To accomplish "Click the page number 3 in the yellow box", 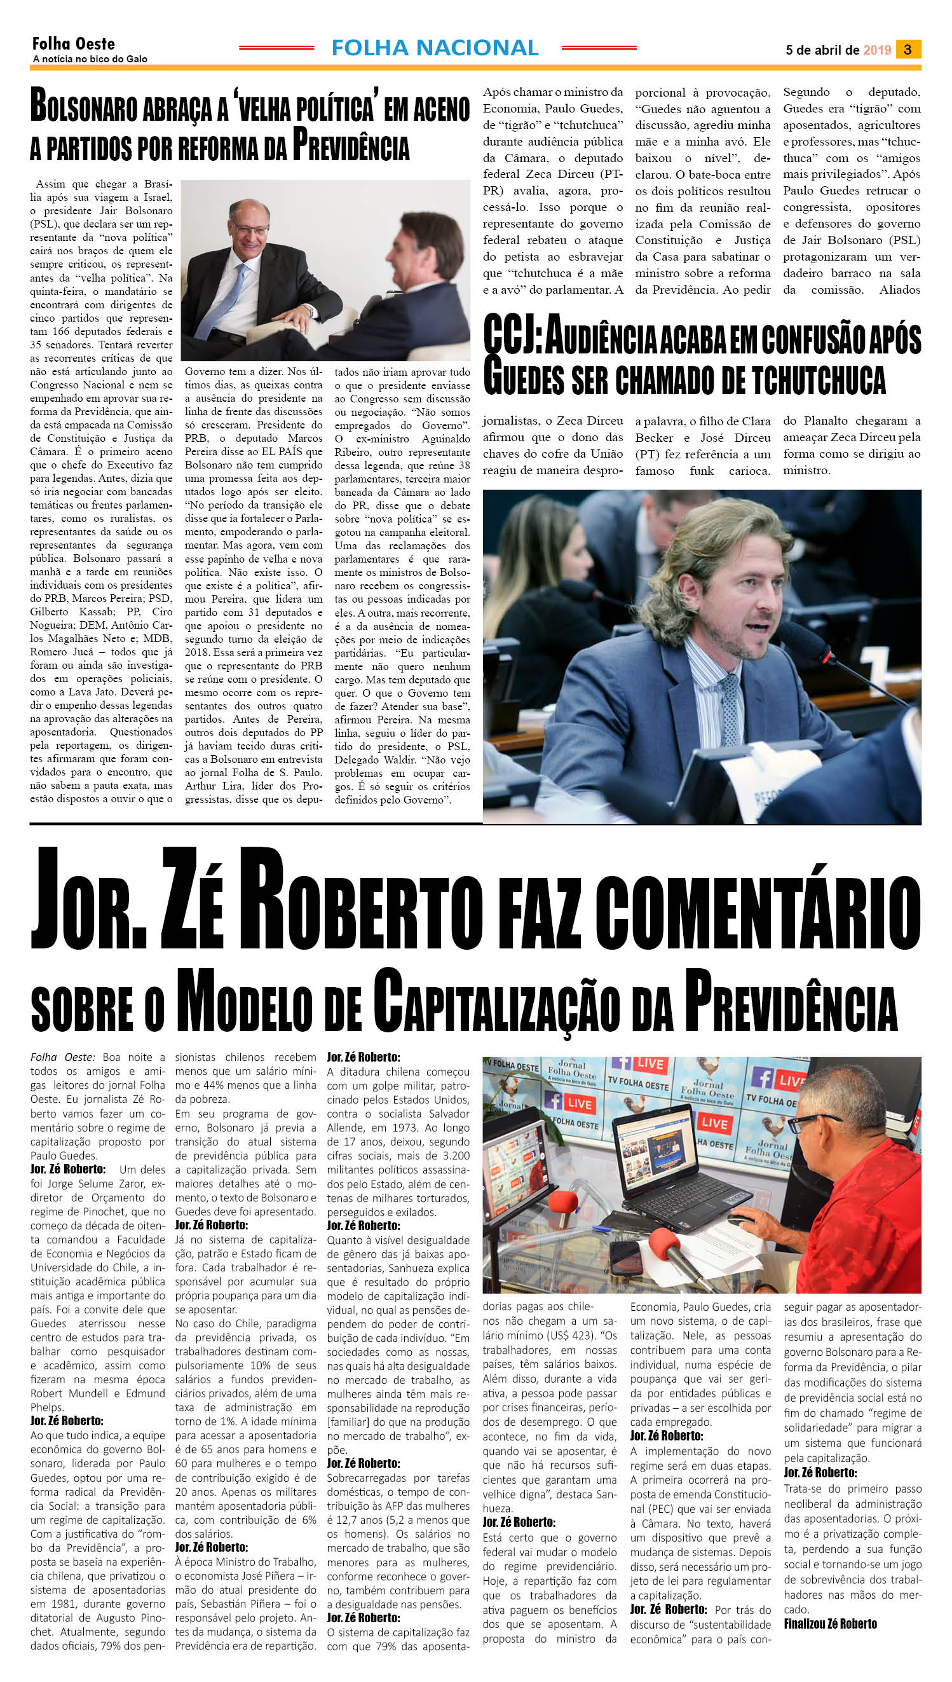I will (x=908, y=49).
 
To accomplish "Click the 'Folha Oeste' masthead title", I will (x=73, y=44).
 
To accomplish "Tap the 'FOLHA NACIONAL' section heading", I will (x=435, y=48).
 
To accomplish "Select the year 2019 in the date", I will (x=877, y=50).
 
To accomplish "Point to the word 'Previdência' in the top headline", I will (x=350, y=146).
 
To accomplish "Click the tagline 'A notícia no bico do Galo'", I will (x=90, y=59).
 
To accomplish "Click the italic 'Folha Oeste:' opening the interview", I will (x=63, y=1058).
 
